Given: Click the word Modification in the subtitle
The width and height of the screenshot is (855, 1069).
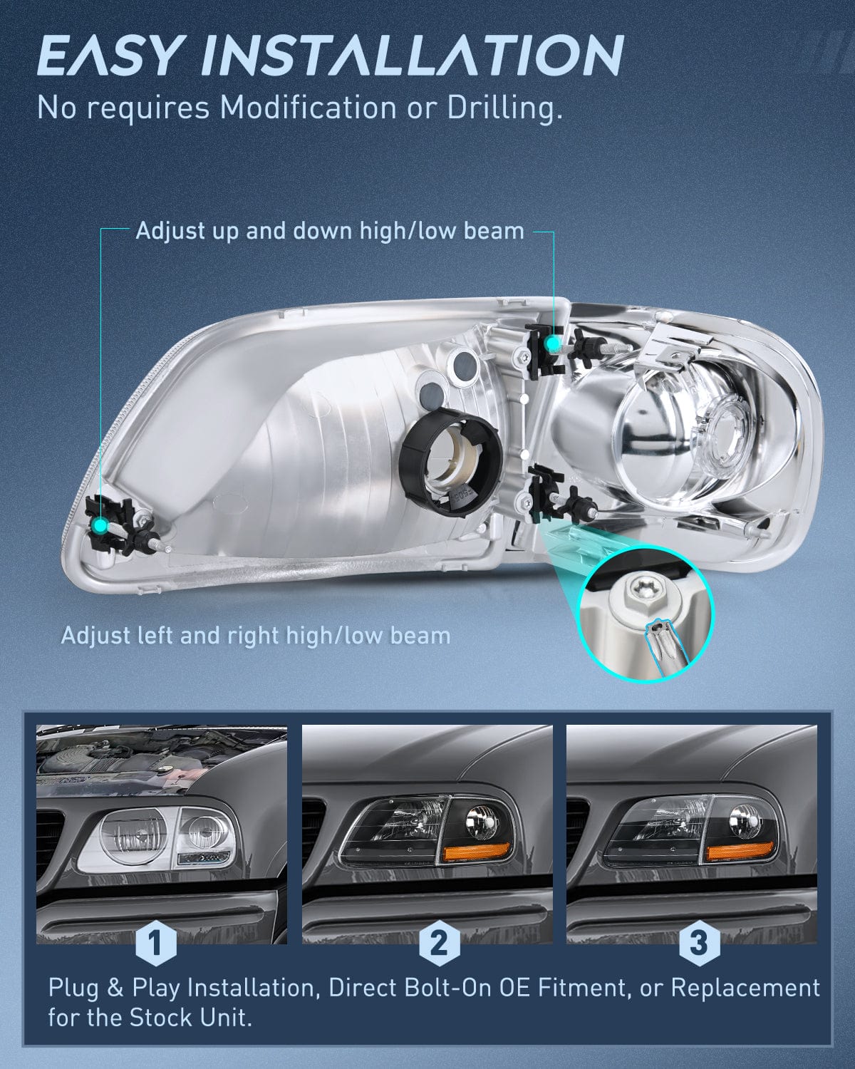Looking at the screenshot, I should coord(308,108).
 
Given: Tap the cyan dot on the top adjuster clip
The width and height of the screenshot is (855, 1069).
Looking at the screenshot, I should coord(552,344).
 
